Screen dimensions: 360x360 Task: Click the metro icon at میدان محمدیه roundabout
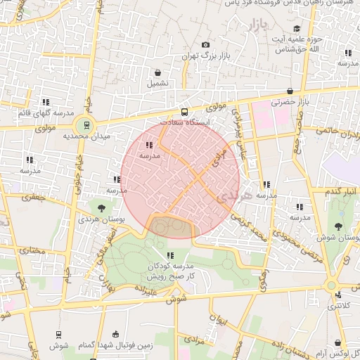pos(86,126)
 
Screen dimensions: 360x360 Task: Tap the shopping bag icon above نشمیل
pos(157,72)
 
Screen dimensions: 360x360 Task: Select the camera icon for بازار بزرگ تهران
pos(205,45)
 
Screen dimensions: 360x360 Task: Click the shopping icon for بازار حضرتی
pos(290,91)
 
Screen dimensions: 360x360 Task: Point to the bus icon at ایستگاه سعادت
pos(184,112)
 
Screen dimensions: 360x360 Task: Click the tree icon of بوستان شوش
pos(338,226)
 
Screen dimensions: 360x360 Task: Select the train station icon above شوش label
pos(58,335)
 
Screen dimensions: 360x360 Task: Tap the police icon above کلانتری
pos(339,295)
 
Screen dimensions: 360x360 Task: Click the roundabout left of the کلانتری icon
pos(330,285)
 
